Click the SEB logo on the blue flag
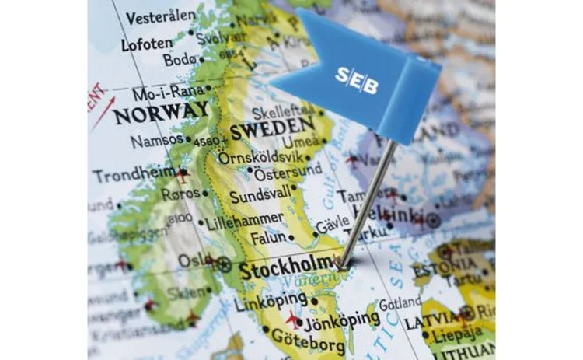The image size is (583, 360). coord(357,79)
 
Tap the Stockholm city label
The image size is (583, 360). coord(287,271)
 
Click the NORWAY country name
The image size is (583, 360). coord(160,114)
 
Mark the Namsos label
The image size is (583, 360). coord(157,142)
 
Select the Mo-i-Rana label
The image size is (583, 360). coord(167,93)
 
